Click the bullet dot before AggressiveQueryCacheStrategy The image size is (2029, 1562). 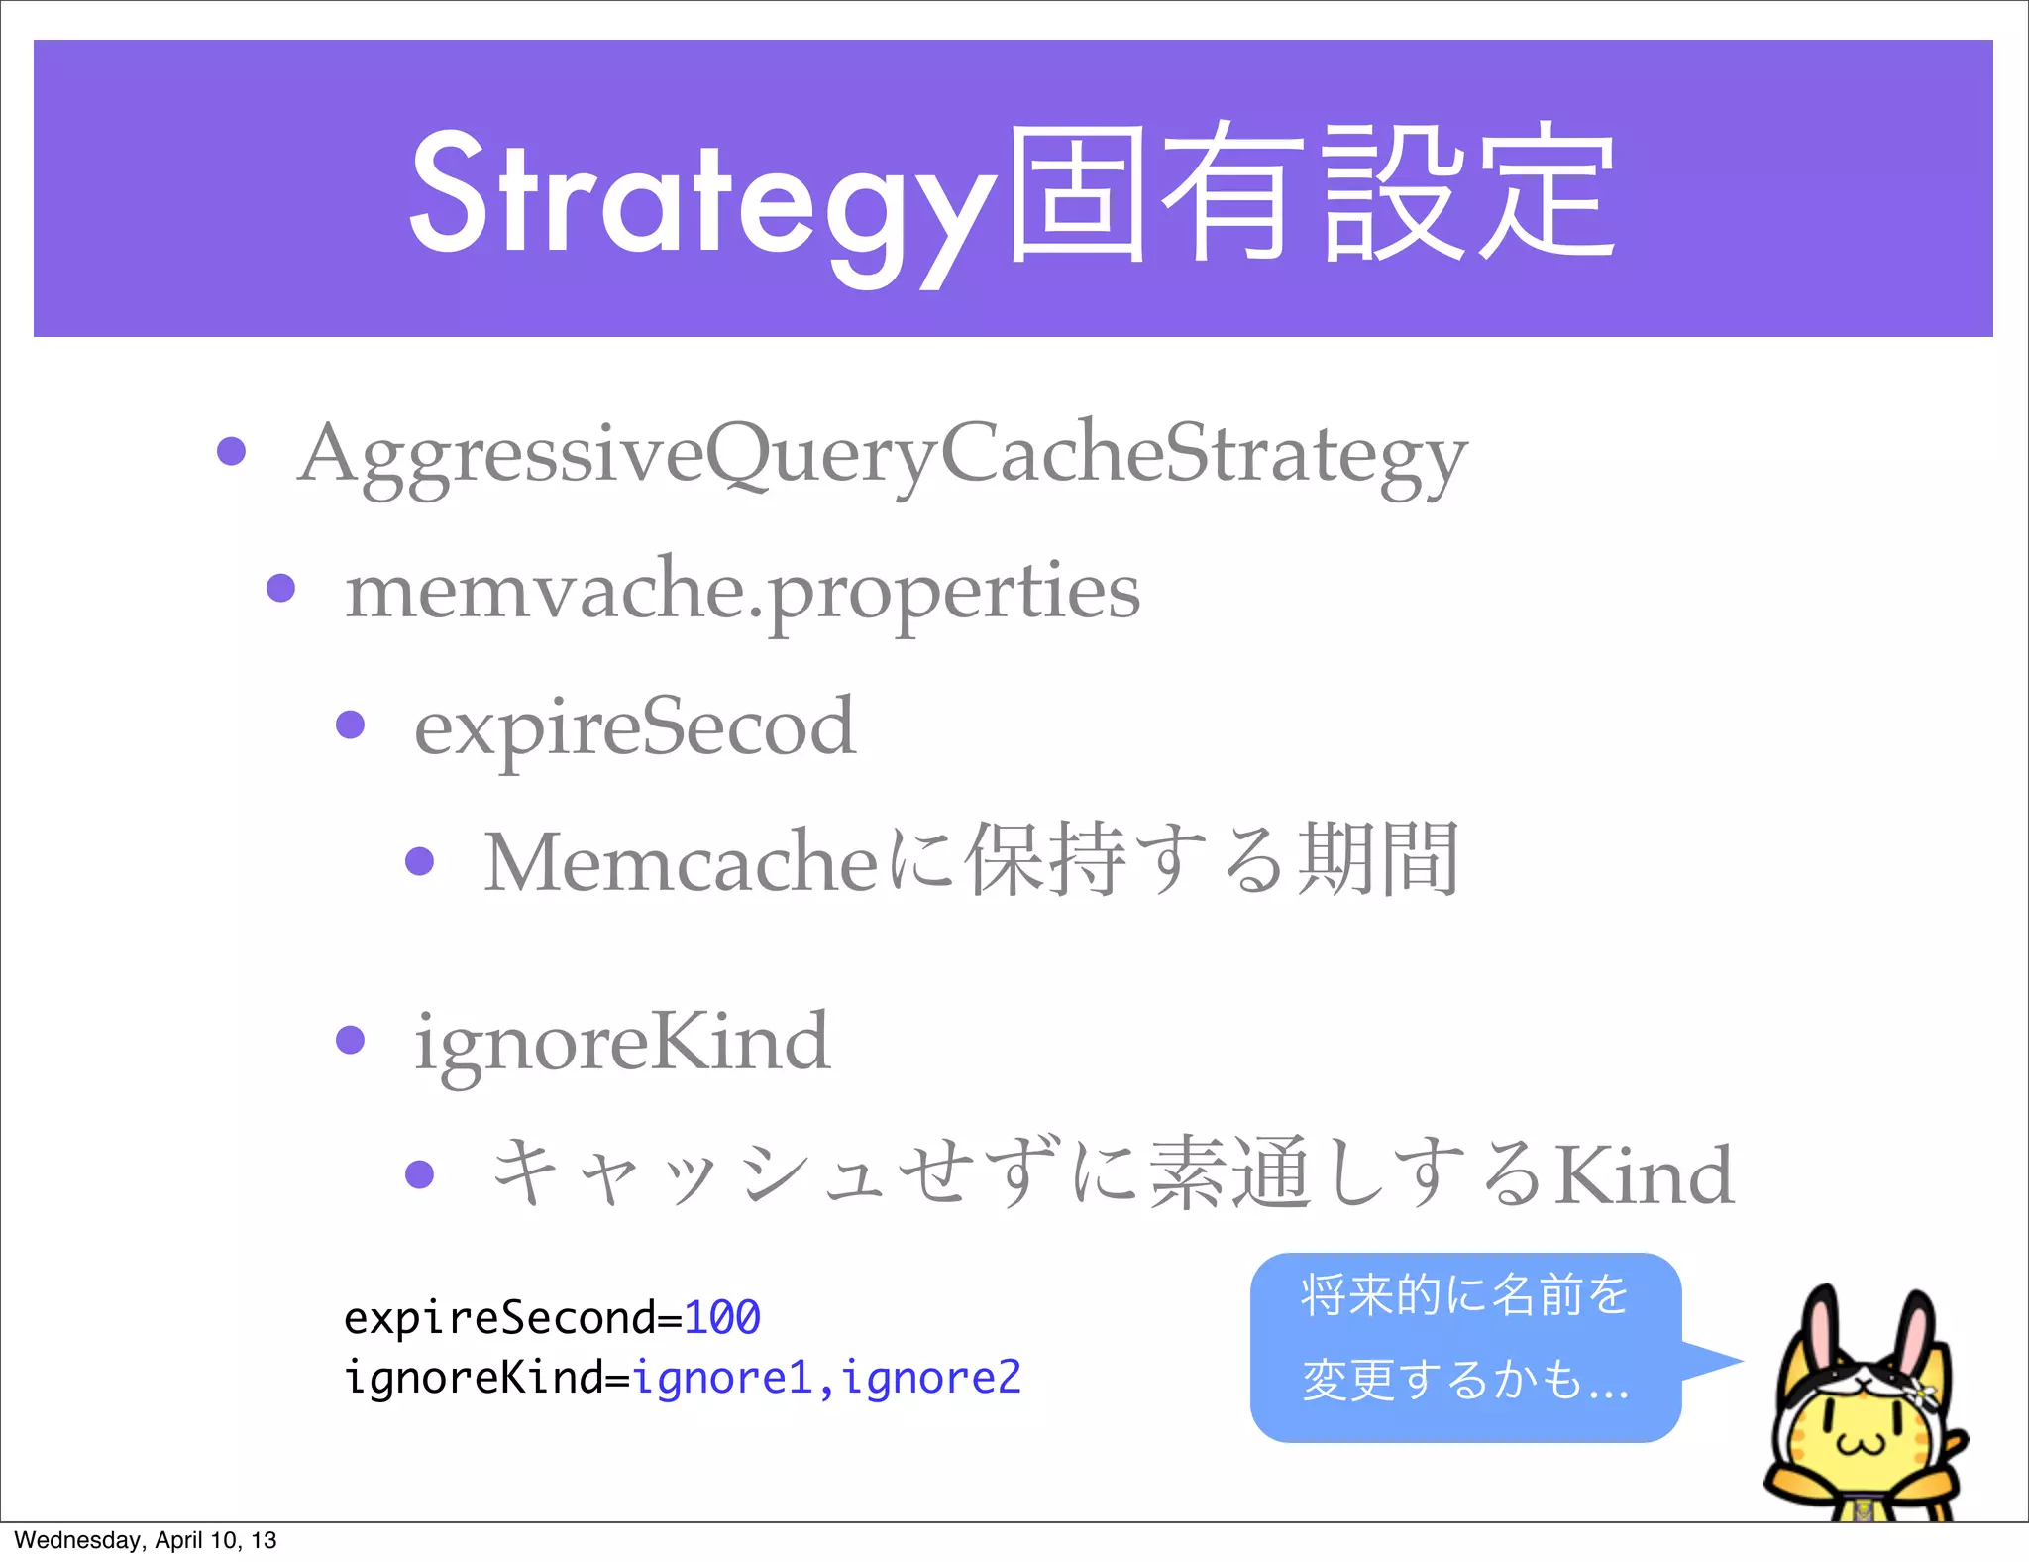pos(231,451)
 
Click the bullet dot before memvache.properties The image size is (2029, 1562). pos(281,588)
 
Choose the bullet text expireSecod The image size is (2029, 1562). pos(635,726)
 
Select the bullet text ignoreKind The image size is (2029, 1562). pos(621,1043)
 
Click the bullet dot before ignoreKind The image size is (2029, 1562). pos(351,1040)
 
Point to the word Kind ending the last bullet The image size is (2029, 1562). pos(1645,1175)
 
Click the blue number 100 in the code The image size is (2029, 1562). pos(722,1318)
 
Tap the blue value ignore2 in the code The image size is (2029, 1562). pos(931,1378)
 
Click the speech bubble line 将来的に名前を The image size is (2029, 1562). pos(1464,1295)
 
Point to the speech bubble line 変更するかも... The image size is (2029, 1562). pos(1464,1379)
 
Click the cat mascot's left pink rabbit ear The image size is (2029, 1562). pos(1821,1333)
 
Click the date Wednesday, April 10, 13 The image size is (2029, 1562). pos(146,1540)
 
